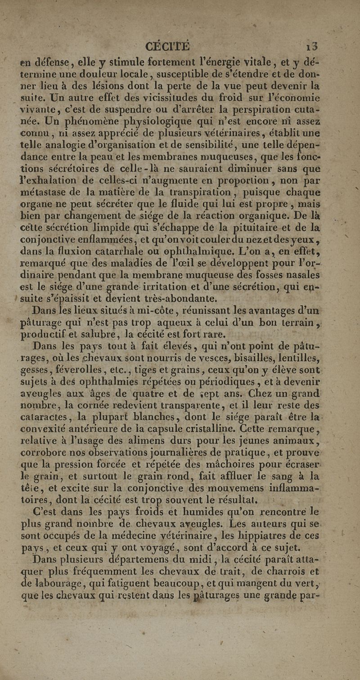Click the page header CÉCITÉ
tap(168, 46)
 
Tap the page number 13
tap(311, 46)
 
